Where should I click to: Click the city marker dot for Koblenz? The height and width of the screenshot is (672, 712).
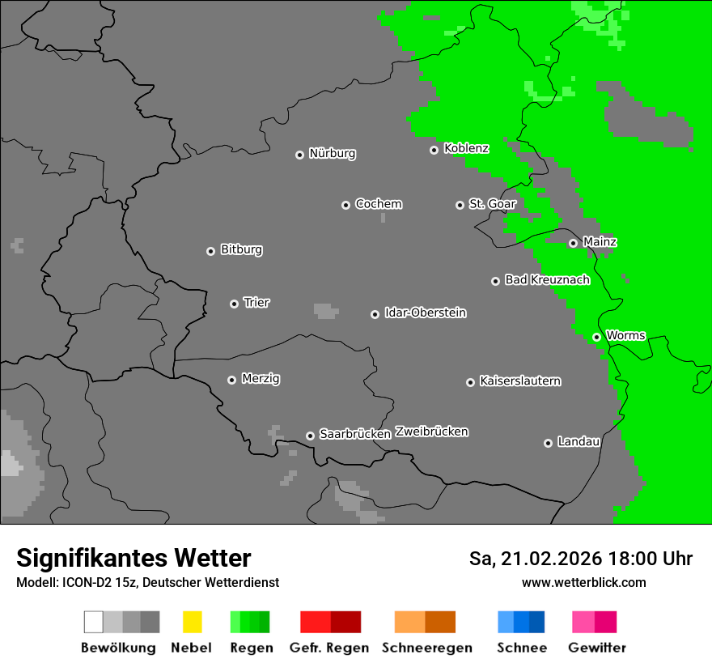(x=434, y=150)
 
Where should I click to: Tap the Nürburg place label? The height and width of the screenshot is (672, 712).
(x=332, y=153)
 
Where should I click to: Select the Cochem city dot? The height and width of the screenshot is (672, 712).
(x=345, y=205)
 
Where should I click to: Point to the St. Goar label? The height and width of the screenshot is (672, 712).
(x=492, y=204)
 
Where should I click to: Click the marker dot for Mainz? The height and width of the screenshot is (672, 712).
(x=573, y=243)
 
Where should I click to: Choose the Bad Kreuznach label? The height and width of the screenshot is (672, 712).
(x=547, y=279)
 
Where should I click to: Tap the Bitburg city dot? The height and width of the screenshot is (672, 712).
(x=210, y=251)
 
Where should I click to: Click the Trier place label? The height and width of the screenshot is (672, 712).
(x=256, y=302)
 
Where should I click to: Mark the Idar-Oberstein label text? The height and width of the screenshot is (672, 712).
(x=425, y=313)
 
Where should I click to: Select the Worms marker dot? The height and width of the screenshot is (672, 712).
(x=596, y=337)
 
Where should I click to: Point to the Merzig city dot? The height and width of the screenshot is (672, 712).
(x=231, y=380)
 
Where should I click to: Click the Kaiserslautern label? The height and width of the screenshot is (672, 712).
(x=519, y=381)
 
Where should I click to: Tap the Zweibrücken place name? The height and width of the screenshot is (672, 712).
(x=431, y=432)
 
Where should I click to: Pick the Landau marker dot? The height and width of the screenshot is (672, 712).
(x=548, y=443)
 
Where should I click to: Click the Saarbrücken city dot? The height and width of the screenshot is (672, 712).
(x=310, y=436)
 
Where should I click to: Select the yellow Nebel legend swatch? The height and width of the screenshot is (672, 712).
(x=192, y=622)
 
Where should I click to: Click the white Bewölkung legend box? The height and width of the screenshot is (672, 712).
(x=93, y=622)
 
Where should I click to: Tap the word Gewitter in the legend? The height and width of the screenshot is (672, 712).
(x=596, y=648)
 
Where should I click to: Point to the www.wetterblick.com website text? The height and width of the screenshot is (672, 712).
(x=583, y=582)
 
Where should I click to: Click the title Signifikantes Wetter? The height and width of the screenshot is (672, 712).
(x=133, y=558)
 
